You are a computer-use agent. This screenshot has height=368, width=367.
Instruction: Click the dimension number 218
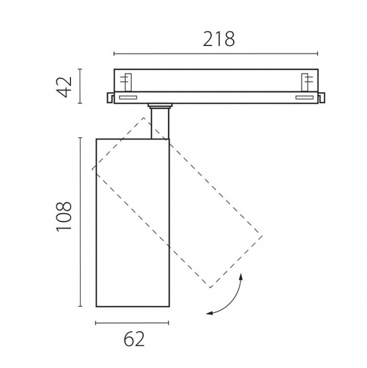(219, 39)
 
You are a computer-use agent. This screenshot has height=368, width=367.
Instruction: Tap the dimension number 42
(64, 86)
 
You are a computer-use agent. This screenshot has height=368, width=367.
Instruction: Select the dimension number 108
(64, 217)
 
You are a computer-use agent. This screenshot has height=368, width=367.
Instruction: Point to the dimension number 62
(134, 339)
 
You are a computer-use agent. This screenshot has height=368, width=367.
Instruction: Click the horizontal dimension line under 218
(216, 54)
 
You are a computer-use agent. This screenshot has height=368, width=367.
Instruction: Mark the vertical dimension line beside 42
(80, 86)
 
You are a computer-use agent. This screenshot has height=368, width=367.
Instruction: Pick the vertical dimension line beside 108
(80, 222)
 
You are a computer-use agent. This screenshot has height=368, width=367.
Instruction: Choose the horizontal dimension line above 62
(132, 323)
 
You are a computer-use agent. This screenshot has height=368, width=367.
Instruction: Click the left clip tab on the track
(110, 98)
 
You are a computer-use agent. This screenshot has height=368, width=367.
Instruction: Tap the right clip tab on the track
(322, 98)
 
